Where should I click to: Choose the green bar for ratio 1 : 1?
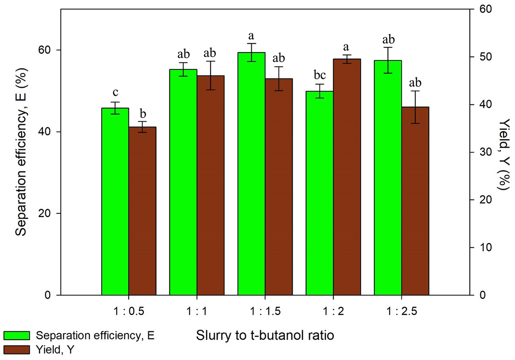tap(183, 182)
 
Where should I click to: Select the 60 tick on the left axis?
tap(47, 50)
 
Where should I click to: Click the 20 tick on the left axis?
tap(47, 213)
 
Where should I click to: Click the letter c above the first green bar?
tap(115, 93)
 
